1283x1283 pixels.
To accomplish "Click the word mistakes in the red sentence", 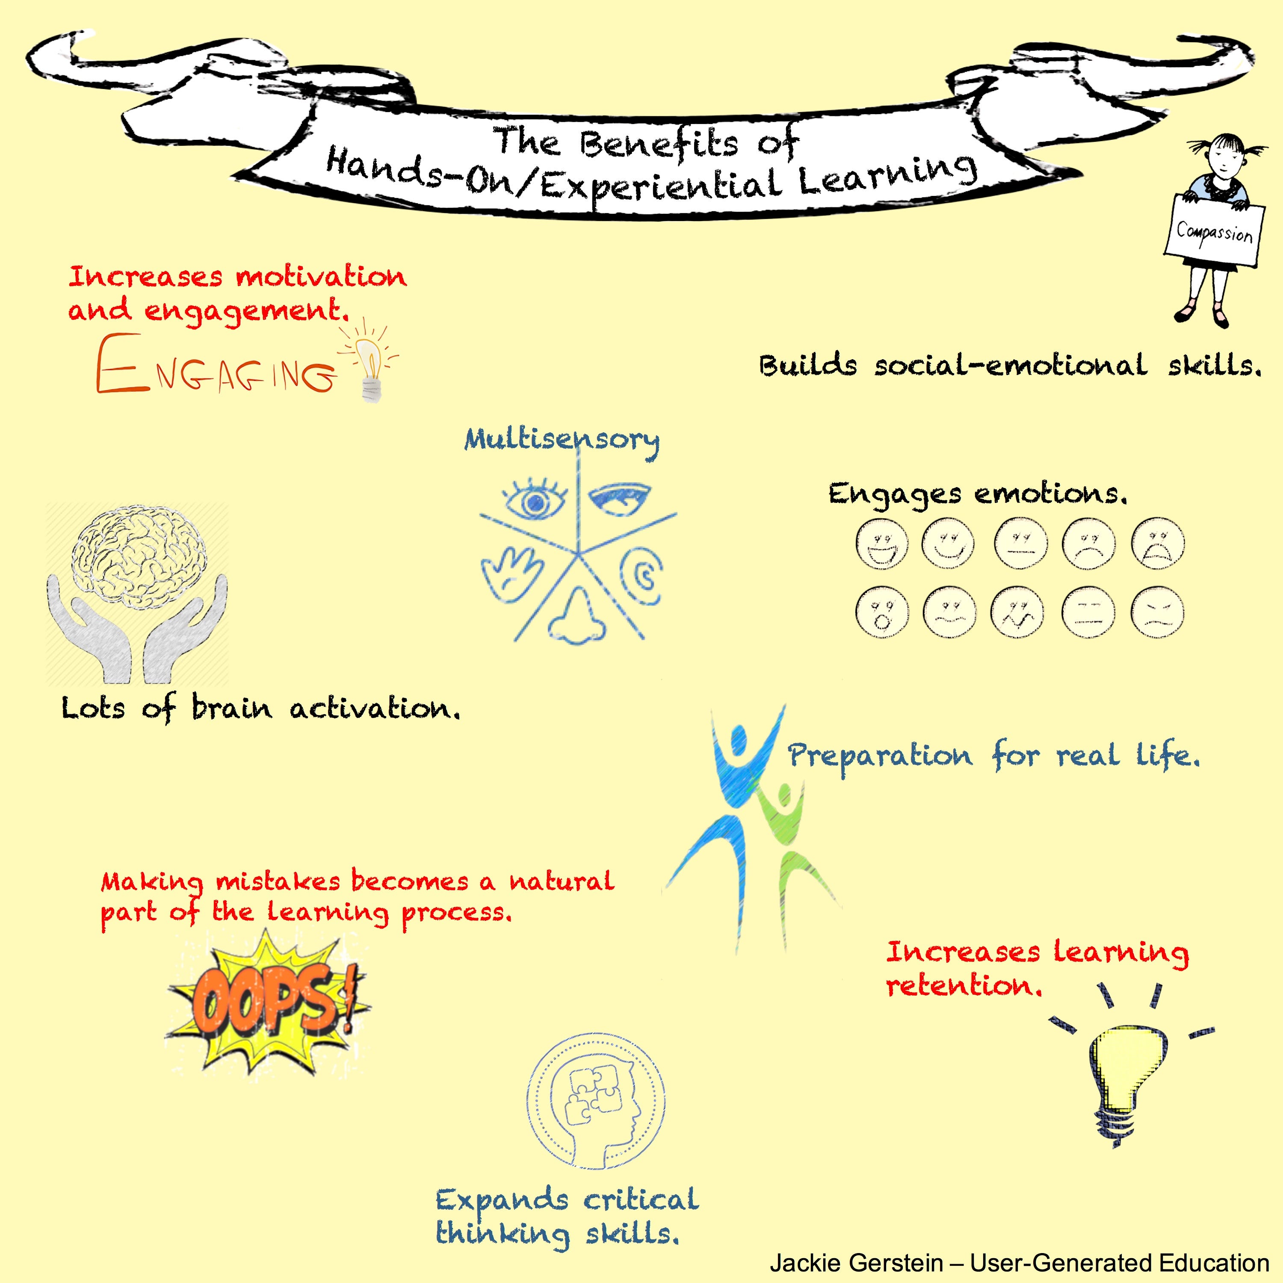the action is click(x=278, y=882).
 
